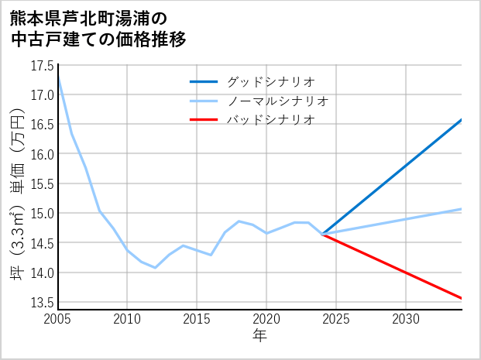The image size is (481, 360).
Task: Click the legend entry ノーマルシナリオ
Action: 278,101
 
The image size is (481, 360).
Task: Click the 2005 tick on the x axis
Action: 57,319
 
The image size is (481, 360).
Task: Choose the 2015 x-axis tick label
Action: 197,319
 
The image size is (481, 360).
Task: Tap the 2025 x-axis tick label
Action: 336,319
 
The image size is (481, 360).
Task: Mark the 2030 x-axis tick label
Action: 406,319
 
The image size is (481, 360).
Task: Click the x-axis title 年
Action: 259,336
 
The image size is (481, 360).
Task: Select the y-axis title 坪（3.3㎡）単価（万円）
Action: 16,184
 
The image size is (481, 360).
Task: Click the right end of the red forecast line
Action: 462,298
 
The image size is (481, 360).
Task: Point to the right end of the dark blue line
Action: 462,119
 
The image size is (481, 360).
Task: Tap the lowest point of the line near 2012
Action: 155,268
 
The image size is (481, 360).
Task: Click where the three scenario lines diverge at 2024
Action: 322,234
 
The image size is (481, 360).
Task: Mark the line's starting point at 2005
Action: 58,77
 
